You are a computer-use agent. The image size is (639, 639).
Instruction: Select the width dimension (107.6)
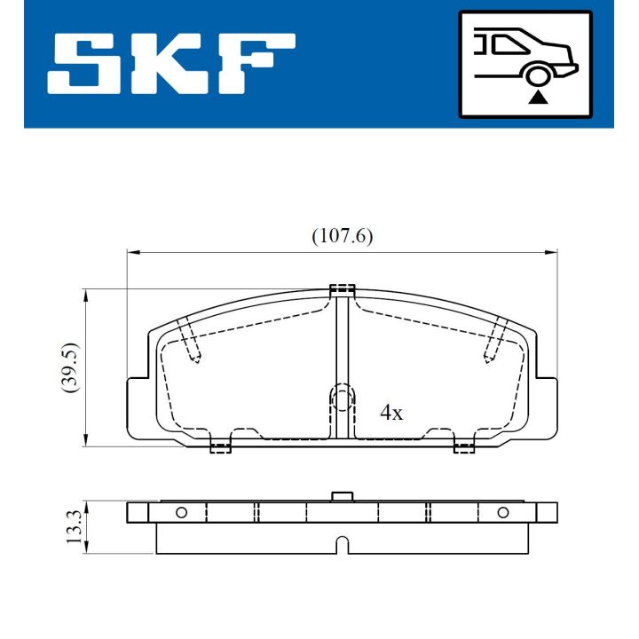(342, 236)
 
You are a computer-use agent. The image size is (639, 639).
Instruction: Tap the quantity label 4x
(391, 413)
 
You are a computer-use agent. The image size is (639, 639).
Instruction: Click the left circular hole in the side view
(181, 512)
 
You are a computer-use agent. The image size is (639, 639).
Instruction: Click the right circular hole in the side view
(502, 512)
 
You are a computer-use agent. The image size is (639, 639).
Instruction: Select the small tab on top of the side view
(342, 496)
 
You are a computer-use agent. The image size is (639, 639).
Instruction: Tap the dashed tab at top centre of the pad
(342, 289)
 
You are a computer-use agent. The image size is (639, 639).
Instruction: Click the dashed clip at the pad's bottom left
(219, 446)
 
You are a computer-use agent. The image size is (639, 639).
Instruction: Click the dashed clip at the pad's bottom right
(464, 446)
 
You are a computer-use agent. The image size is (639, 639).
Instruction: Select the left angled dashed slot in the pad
(188, 341)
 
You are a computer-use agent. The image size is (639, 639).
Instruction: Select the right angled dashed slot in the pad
(494, 341)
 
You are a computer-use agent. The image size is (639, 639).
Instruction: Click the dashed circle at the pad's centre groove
(342, 397)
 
